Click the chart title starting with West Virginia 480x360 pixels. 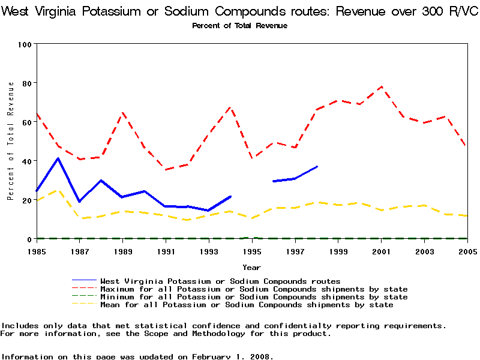239,11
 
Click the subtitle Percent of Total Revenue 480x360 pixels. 239,26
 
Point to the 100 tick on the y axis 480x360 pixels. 25,44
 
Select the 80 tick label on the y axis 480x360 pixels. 27,83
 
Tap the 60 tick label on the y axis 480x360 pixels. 27,122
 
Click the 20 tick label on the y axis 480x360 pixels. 27,200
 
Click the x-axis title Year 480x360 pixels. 251,267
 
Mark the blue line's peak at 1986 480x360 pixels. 58,158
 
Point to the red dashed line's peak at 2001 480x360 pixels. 380,86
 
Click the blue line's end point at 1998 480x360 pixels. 317,166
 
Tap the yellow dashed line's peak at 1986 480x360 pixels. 58,190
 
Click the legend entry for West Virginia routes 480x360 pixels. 220,281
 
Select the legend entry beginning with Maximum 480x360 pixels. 254,289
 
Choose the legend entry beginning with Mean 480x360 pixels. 247,305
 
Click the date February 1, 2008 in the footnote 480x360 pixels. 231,356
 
